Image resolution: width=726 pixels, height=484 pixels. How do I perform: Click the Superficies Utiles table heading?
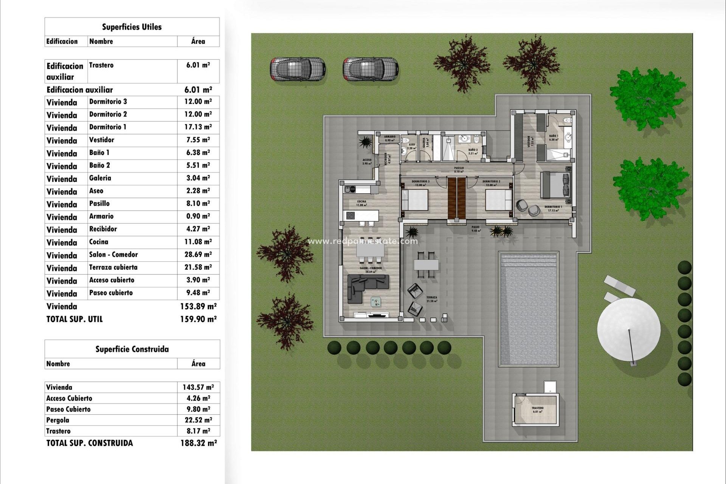click(x=132, y=27)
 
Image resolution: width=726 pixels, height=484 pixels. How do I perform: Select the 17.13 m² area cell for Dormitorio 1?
click(x=198, y=127)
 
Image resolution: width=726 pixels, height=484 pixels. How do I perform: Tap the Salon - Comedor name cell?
click(x=113, y=254)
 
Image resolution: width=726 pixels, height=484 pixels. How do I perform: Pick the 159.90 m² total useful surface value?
click(x=198, y=319)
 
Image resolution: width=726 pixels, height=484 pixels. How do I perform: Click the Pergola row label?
click(x=58, y=420)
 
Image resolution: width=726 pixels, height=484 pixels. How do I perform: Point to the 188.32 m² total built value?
click(x=199, y=443)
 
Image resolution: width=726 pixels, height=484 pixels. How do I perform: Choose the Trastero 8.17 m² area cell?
click(x=198, y=431)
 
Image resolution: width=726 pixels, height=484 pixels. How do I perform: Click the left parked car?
click(x=298, y=69)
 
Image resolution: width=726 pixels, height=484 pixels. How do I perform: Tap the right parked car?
click(x=371, y=69)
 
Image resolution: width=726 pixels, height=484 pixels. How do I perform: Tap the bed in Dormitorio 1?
click(x=555, y=185)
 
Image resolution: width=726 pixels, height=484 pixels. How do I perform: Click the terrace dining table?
click(x=426, y=264)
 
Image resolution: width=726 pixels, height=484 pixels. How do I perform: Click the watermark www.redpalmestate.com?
click(x=363, y=241)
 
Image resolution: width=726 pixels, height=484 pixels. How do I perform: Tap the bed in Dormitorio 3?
click(x=414, y=200)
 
